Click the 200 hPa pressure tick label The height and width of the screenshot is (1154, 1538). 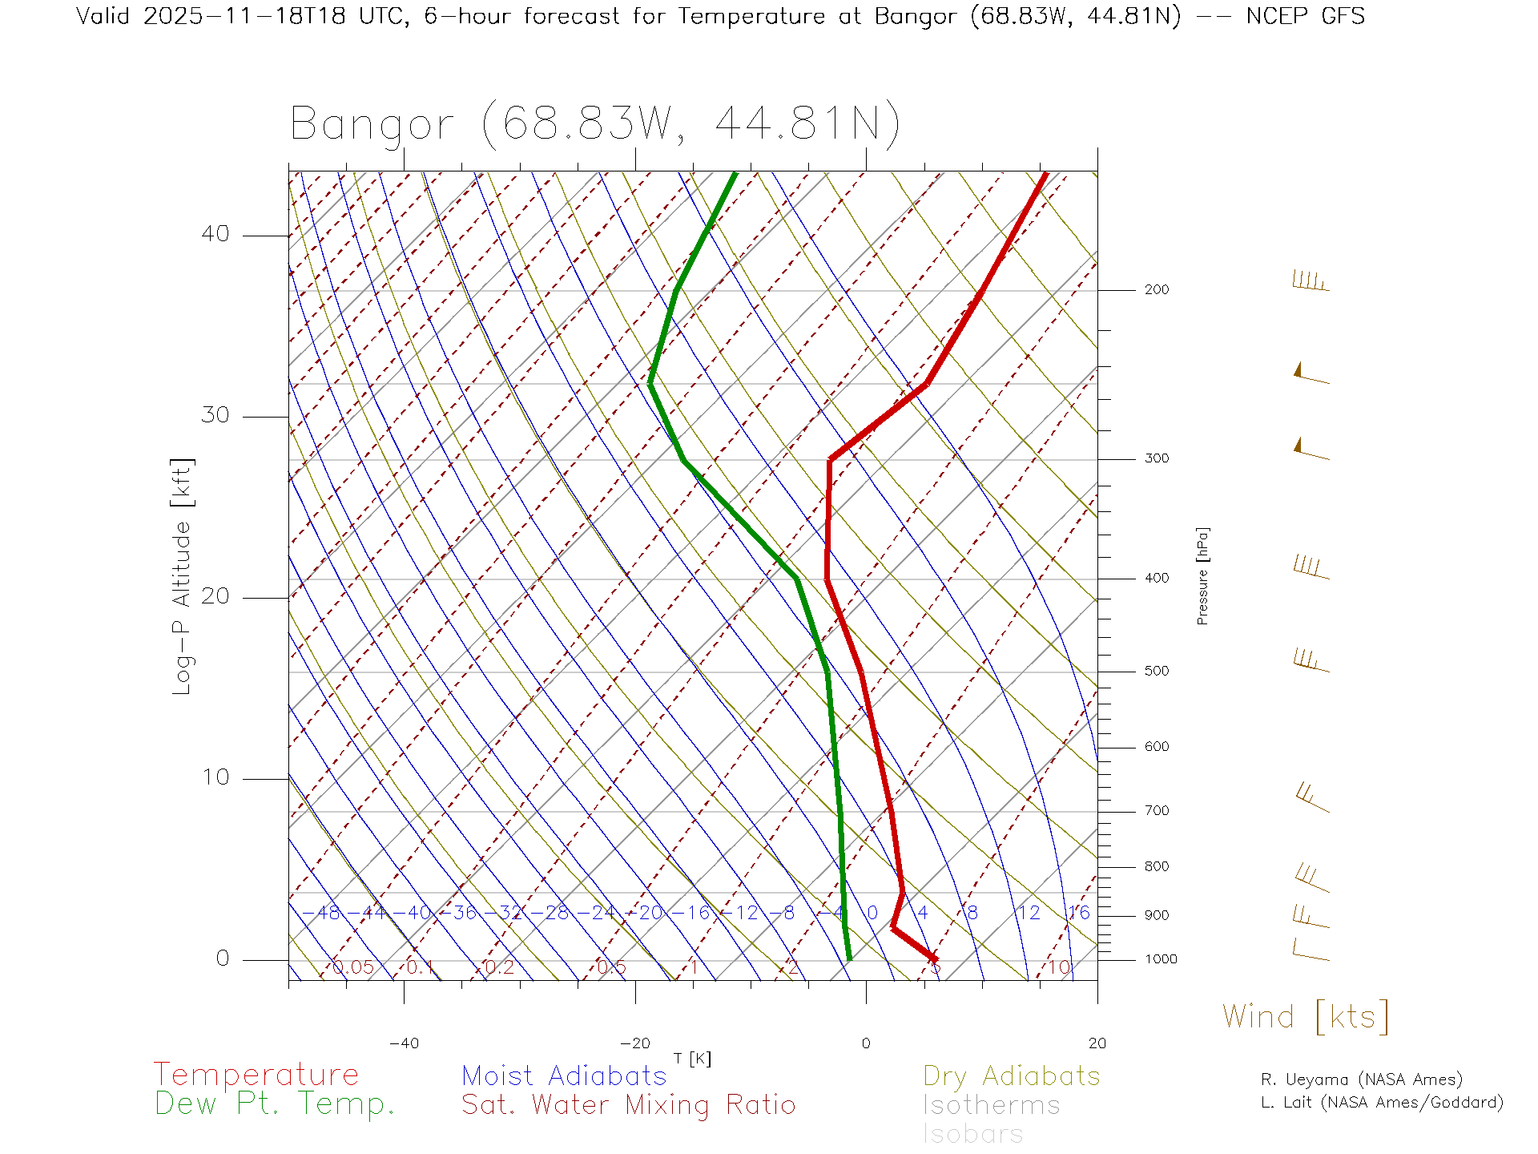tap(1156, 290)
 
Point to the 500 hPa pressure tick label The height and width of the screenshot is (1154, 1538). tap(1156, 672)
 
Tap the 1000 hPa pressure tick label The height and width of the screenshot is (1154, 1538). tap(1161, 959)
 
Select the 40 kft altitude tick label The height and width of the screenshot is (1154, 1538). tap(215, 234)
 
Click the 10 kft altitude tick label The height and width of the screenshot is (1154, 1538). tap(215, 777)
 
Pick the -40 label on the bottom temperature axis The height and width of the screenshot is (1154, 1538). tap(404, 1043)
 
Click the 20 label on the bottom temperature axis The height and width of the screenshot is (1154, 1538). tap(1097, 1043)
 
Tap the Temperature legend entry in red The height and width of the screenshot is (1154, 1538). tap(256, 1075)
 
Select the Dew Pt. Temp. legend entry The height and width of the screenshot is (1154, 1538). tap(275, 1104)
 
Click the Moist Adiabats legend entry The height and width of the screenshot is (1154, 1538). tap(564, 1076)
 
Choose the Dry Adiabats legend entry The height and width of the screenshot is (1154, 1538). tap(1011, 1076)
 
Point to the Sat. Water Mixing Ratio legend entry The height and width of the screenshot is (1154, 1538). tap(628, 1105)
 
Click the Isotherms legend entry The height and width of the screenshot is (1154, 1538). tap(991, 1106)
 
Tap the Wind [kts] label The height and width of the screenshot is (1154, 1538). tap(1305, 1017)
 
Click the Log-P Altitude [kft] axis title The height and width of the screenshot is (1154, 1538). tap(182, 577)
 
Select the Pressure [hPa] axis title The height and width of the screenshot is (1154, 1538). tap(1202, 576)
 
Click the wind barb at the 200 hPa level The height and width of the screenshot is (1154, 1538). tap(1311, 282)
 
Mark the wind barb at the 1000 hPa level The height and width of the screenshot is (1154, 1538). tap(1311, 951)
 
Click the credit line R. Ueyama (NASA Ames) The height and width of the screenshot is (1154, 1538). tap(1361, 1079)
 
